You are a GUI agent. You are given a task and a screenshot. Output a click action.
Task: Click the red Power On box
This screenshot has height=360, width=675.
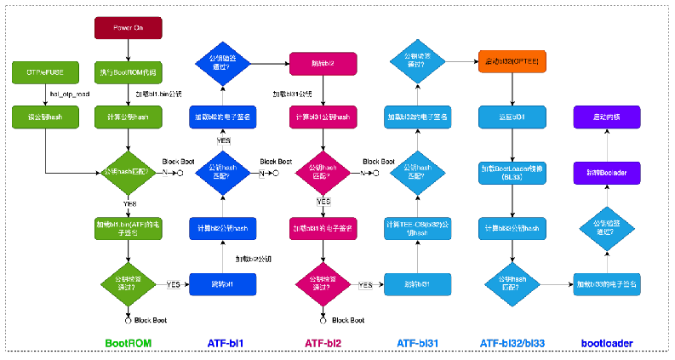128,27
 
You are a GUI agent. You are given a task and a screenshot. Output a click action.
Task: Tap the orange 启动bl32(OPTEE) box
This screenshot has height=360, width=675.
512,60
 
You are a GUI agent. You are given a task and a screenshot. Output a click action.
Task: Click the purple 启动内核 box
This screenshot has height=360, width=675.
606,117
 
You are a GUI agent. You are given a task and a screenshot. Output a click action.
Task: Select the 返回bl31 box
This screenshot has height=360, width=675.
512,117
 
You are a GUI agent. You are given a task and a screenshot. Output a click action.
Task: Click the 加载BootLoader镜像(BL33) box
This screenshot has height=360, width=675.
512,173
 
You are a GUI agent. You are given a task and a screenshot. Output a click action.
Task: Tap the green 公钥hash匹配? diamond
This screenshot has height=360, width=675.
128,173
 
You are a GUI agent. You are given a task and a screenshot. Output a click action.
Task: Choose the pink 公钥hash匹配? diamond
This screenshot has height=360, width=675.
323,173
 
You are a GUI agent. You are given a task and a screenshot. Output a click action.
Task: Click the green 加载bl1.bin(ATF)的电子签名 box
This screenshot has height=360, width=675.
128,228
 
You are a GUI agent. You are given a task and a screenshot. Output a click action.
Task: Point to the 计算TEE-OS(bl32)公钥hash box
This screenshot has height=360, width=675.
417,228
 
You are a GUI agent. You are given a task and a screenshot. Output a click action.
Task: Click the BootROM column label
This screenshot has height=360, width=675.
128,344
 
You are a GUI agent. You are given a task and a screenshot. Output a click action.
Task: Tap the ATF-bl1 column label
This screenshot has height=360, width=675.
226,344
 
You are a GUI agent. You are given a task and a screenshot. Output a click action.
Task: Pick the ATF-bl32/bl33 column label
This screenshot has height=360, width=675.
512,344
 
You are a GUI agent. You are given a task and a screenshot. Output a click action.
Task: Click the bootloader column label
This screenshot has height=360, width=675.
606,344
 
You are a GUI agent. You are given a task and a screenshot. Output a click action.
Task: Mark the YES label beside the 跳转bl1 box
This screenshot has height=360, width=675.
173,284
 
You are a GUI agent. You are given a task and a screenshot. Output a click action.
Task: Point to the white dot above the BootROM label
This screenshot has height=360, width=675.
128,321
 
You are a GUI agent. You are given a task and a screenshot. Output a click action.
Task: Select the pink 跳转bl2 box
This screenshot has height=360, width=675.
323,63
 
